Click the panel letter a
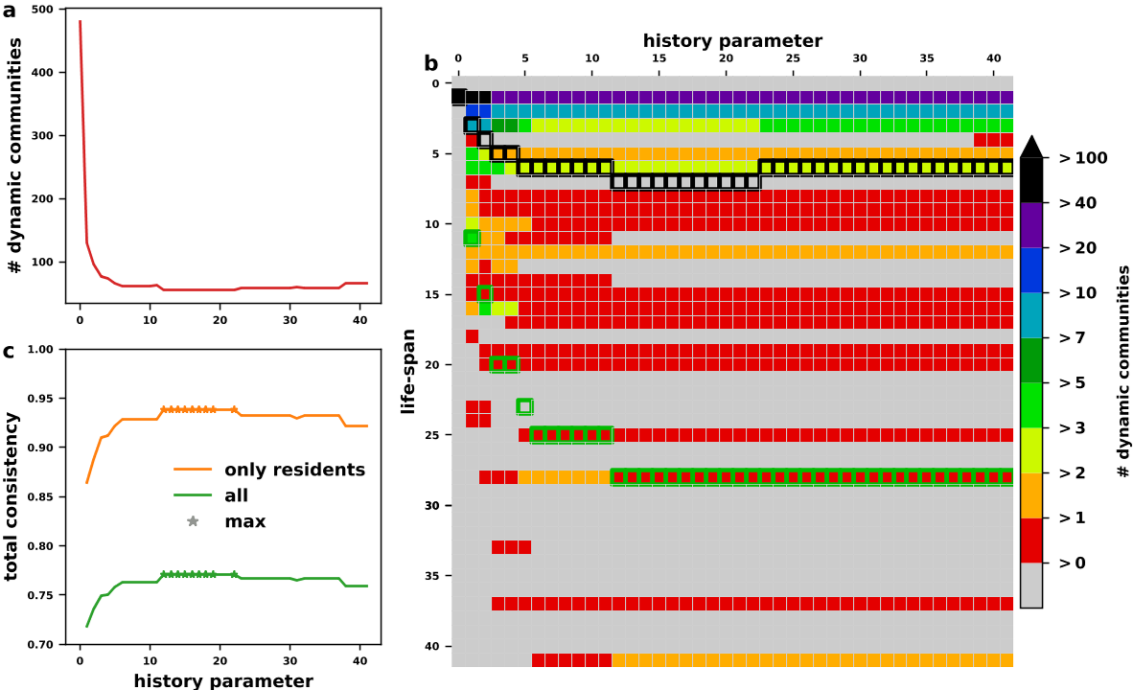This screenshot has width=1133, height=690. (x=9, y=11)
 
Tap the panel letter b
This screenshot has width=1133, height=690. (x=431, y=63)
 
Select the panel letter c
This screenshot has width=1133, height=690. (x=9, y=351)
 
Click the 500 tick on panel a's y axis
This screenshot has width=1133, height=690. (x=44, y=9)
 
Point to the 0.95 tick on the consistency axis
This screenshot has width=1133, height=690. (x=42, y=399)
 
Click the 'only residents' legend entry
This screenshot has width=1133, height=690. (x=294, y=470)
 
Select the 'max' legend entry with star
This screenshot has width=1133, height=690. (x=244, y=521)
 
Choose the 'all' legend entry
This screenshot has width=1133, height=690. (x=236, y=495)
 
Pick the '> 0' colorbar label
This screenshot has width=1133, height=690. (x=1074, y=563)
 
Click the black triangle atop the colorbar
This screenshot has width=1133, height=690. (x=1031, y=146)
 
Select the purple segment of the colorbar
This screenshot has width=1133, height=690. (x=1031, y=225)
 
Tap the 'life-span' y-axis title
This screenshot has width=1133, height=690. (x=409, y=371)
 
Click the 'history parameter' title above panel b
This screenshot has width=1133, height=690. (x=732, y=41)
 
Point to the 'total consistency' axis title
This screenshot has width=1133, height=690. (x=12, y=496)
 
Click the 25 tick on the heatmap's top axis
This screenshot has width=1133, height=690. (x=793, y=58)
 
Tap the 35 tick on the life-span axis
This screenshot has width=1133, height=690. (x=432, y=576)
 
